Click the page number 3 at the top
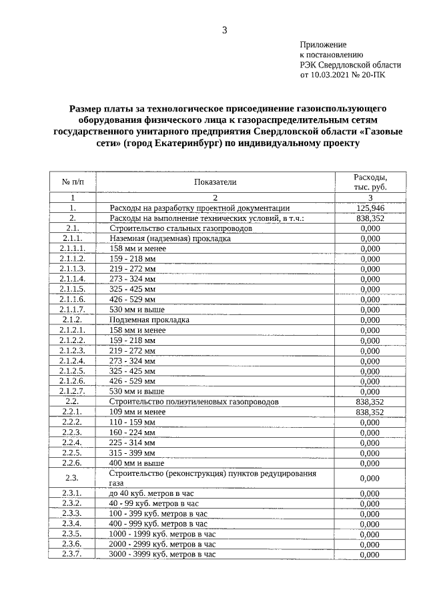pos(225,30)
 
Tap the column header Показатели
pos(215,182)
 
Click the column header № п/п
pos(72,182)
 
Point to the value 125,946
pos(369,208)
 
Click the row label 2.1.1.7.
pos(72,310)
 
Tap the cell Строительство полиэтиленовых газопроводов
pos(185,402)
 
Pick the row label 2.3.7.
pos(72,554)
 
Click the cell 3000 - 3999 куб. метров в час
pos(162,554)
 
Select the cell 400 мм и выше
pos(136,463)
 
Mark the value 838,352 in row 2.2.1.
pos(369,412)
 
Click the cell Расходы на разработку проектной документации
pos(199,208)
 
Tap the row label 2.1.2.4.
pos(72,360)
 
